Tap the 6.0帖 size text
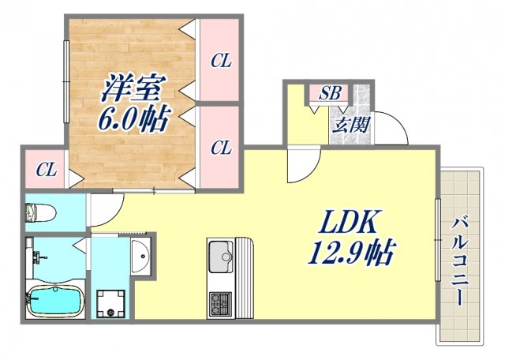[x=132, y=120]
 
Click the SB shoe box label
[x=330, y=93]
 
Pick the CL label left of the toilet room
[x=46, y=169]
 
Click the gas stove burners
[x=219, y=302]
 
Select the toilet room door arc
[x=103, y=209]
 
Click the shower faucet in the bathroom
[x=36, y=257]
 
